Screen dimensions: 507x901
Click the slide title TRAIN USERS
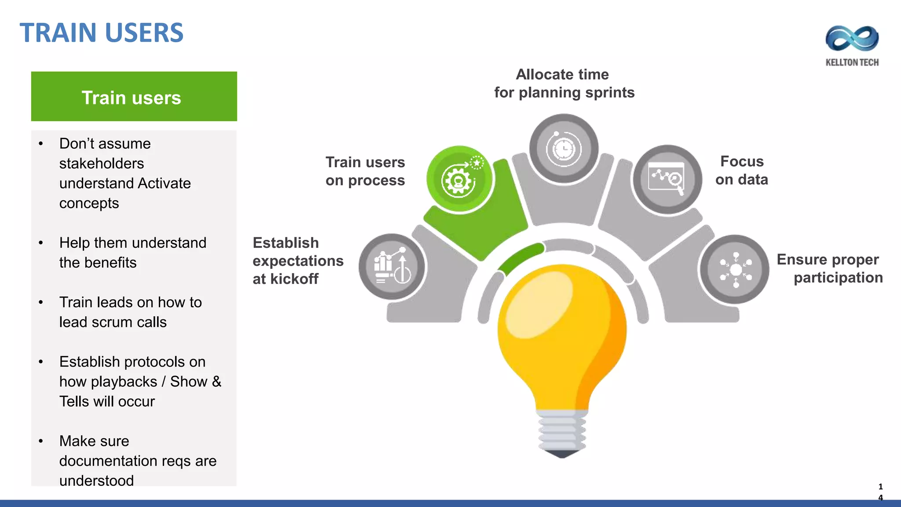102,33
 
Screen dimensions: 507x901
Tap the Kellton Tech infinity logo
852,38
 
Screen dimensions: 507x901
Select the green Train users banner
134,96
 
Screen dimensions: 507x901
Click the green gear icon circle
459,180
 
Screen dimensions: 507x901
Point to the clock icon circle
564,148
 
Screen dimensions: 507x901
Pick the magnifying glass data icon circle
667,179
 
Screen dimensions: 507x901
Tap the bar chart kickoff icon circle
392,267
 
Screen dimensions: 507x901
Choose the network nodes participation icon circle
735,269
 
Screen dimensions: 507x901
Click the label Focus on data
742,170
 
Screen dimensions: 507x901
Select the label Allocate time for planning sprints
564,83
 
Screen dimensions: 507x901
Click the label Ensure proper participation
830,268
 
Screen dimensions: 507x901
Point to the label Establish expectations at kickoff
297,261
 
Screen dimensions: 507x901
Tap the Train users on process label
365,171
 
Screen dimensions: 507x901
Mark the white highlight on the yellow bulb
539,304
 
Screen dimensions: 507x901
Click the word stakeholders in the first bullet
102,164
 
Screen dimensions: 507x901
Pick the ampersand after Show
216,382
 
